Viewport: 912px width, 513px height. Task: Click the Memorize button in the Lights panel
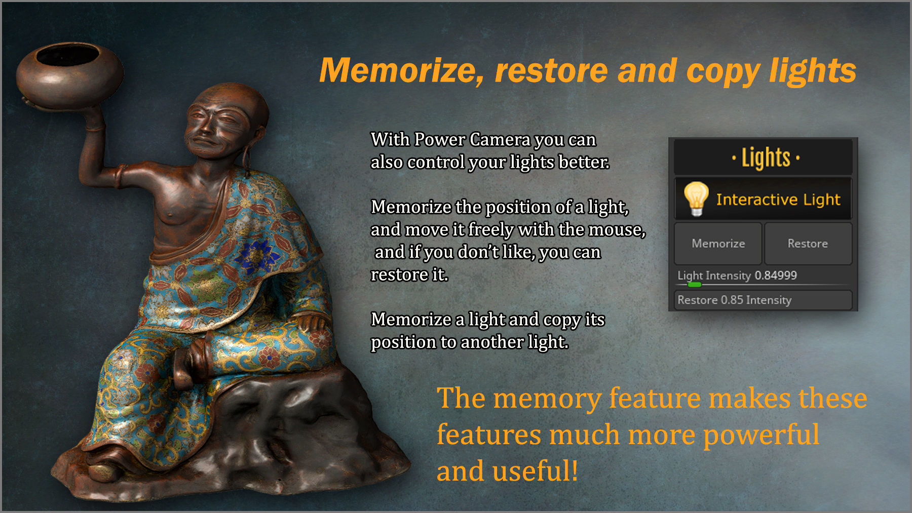(718, 244)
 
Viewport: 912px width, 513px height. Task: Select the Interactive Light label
(778, 200)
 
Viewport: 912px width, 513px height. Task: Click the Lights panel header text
(766, 157)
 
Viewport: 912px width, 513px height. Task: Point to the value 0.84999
(775, 275)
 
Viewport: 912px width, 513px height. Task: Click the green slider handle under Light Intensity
(694, 285)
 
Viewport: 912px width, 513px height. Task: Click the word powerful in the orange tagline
(761, 435)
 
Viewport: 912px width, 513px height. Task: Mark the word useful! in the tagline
(535, 471)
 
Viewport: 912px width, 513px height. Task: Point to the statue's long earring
(247, 154)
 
